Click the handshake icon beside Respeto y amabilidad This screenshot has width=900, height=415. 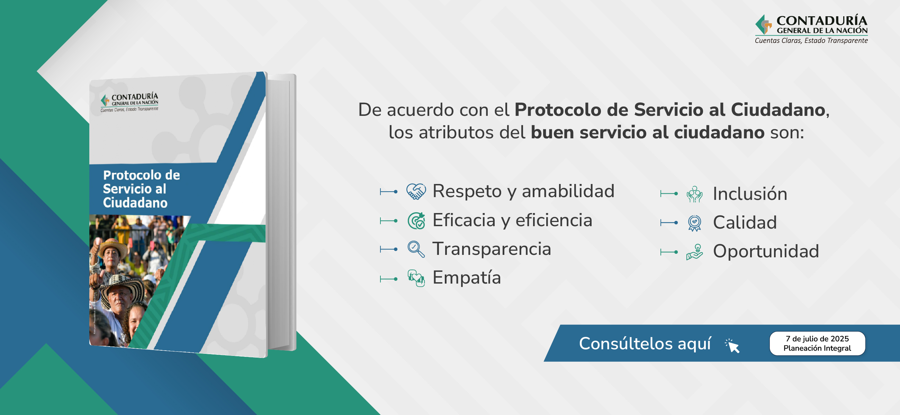416,191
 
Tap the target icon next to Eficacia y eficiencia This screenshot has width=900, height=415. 416,221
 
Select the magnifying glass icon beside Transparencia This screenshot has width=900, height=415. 416,249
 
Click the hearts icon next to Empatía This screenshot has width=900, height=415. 416,278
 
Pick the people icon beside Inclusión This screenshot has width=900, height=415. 694,194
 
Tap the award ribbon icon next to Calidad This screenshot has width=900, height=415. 694,223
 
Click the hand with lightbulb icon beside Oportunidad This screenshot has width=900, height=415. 694,252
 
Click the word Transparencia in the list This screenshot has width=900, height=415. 492,249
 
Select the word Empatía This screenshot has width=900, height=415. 466,278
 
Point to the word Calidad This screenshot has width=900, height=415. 745,223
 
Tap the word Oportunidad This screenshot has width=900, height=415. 766,251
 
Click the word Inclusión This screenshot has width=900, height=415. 750,194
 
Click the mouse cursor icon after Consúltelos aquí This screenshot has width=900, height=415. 732,345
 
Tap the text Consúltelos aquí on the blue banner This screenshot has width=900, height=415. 645,344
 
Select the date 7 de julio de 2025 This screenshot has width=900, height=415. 817,339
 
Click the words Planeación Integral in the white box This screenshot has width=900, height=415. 817,348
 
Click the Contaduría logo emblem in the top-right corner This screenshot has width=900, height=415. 764,24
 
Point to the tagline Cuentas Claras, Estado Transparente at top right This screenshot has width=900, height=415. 811,40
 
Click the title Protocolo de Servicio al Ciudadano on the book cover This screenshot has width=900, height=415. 141,189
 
